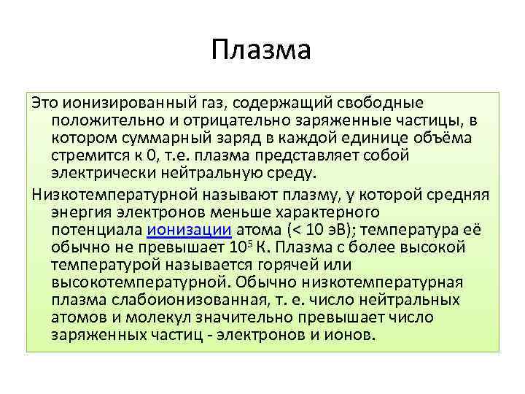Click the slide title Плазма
pyautogui.click(x=262, y=50)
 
